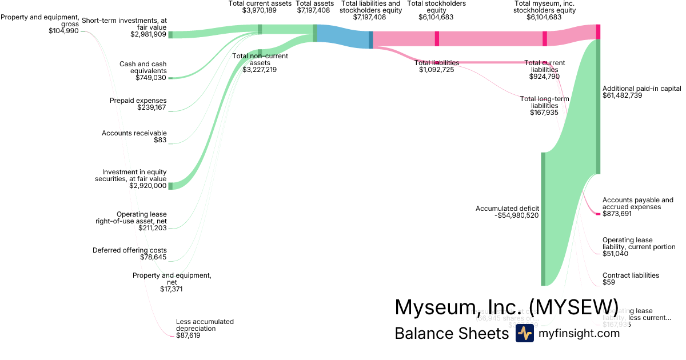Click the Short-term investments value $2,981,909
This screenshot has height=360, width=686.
pyautogui.click(x=148, y=34)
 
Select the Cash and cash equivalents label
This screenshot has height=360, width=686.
pyautogui.click(x=142, y=67)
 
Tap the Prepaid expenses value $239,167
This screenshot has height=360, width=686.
pyautogui.click(x=151, y=107)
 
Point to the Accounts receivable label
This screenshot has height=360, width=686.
pyautogui.click(x=134, y=133)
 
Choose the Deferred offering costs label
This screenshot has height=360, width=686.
pyautogui.click(x=130, y=250)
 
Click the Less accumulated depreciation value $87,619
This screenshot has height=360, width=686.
pyautogui.click(x=188, y=335)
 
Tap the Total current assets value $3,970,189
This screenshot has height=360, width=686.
pyautogui.click(x=260, y=10)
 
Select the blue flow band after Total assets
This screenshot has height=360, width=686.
pyautogui.click(x=343, y=37)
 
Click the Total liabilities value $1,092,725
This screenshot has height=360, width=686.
pyautogui.click(x=437, y=70)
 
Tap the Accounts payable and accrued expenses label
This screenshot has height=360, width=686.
pyautogui.click(x=638, y=203)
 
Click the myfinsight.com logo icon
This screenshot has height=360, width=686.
pyautogui.click(x=524, y=334)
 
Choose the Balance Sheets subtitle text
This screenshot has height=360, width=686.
pyautogui.click(x=452, y=334)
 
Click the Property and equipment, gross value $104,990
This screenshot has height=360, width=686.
pyautogui.click(x=64, y=31)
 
